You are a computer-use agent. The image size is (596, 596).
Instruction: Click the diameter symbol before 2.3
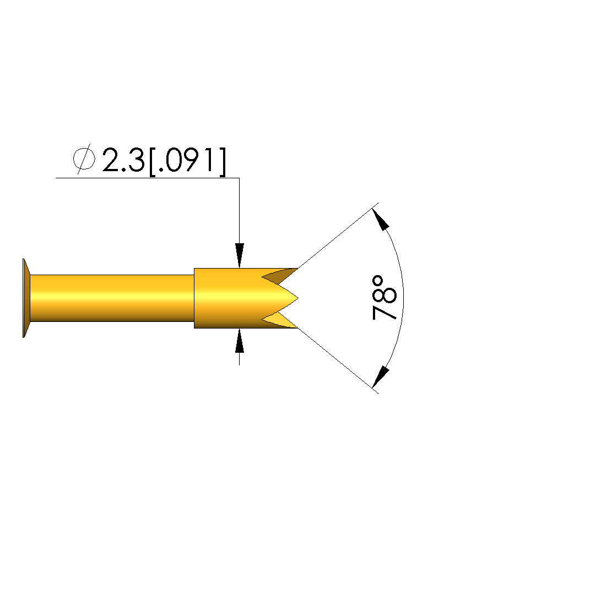(84, 159)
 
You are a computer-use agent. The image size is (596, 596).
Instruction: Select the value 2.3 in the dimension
(123, 160)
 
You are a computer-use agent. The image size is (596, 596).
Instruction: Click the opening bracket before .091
(152, 162)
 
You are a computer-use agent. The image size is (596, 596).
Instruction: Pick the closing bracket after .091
(223, 162)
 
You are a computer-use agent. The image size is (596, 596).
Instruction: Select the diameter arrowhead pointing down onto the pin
(239, 255)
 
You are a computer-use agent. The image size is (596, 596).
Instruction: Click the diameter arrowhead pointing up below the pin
(239, 341)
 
